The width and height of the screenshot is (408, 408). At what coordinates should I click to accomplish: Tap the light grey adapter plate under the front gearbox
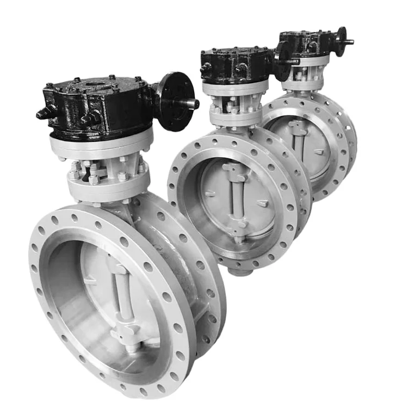[101, 144]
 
